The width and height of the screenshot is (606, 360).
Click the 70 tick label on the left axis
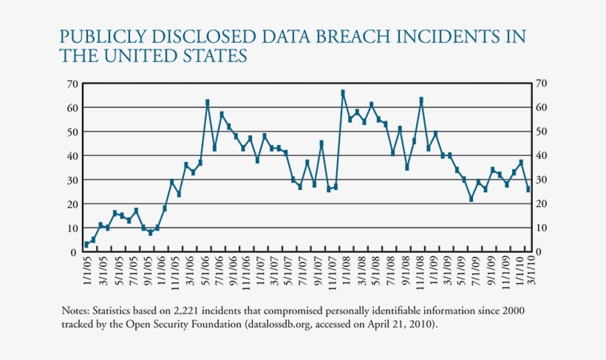click(x=73, y=84)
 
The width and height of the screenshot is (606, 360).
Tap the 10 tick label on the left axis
click(x=73, y=228)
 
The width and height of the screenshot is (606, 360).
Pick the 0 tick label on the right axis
click(x=538, y=253)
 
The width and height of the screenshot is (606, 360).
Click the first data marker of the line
click(x=86, y=244)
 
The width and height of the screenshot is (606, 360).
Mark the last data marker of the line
click(x=528, y=190)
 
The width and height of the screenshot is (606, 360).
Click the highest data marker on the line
click(x=343, y=92)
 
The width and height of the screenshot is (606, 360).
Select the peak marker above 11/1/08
click(x=421, y=99)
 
